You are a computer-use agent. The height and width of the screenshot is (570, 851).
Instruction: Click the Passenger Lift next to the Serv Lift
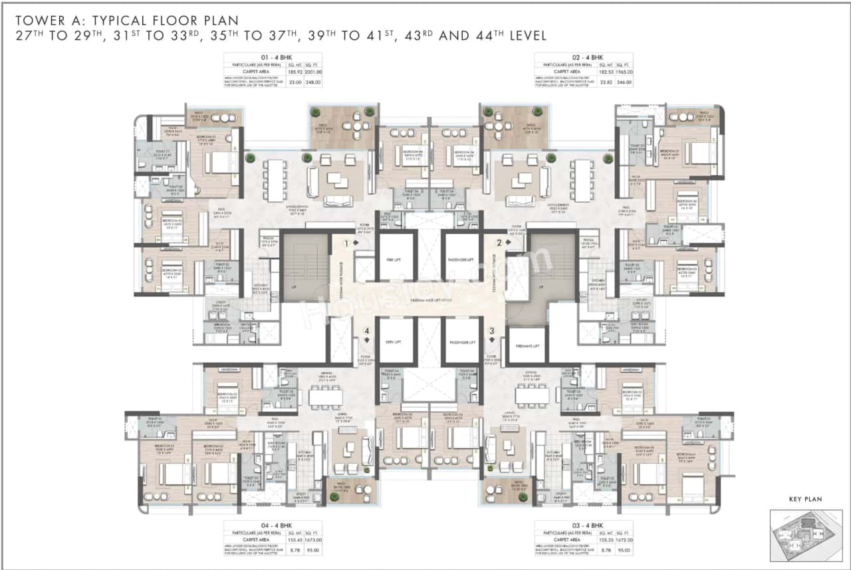click(461, 341)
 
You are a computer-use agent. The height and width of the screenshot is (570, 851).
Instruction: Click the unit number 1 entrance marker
click(346, 243)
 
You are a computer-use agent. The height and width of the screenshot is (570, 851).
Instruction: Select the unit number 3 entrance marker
click(492, 330)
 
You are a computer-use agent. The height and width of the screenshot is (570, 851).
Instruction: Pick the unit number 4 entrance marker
click(366, 330)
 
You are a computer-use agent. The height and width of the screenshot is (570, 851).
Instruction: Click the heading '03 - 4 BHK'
click(584, 524)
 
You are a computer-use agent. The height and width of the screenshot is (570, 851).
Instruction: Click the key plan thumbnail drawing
click(806, 531)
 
